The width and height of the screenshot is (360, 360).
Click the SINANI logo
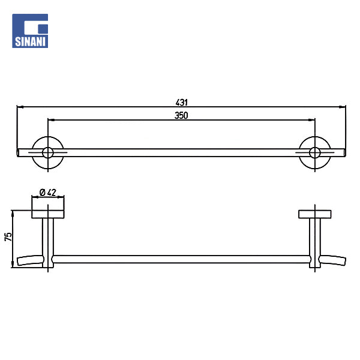coord(30,31)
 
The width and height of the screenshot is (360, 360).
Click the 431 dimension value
coord(182,103)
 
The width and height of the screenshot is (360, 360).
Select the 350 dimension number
coord(181,115)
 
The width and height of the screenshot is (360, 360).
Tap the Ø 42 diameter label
coord(48,193)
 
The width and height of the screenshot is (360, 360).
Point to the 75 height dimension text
coord(8,237)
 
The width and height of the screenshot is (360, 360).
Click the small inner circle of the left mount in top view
coord(48,152)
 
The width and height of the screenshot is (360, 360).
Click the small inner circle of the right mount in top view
coord(315,152)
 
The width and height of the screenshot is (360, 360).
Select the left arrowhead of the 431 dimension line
coord(20,107)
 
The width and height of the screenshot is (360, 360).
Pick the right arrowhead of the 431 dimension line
coord(343,107)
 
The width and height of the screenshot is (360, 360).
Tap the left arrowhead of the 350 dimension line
coord(51,120)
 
